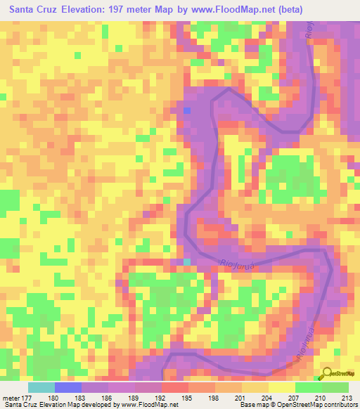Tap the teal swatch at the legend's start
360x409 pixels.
(x=41, y=387)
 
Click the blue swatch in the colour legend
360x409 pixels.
(x=67, y=387)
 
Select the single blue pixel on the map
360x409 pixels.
(x=187, y=110)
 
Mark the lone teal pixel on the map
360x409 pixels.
(x=187, y=261)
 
